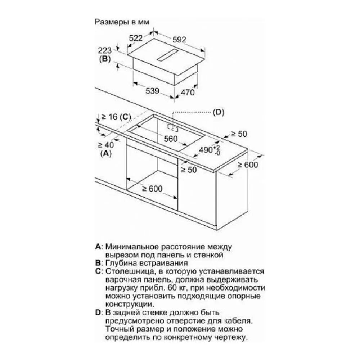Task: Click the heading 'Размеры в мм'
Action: [x=122, y=22]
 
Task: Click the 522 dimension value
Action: [x=136, y=38]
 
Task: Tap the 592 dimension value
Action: [x=179, y=40]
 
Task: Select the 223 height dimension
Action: [x=105, y=50]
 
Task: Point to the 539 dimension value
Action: [x=152, y=91]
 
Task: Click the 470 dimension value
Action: [x=188, y=92]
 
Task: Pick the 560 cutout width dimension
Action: [x=171, y=139]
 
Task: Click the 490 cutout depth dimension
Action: [x=210, y=150]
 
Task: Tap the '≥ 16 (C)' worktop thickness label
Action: [x=116, y=117]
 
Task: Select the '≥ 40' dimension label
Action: [x=106, y=145]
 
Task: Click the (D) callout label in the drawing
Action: [x=219, y=112]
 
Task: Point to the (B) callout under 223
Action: [x=105, y=59]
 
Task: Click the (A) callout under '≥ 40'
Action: [x=106, y=153]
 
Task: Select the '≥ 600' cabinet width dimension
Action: [x=152, y=189]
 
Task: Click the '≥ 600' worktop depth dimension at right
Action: [x=248, y=165]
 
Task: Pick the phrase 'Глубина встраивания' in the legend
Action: [x=147, y=263]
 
